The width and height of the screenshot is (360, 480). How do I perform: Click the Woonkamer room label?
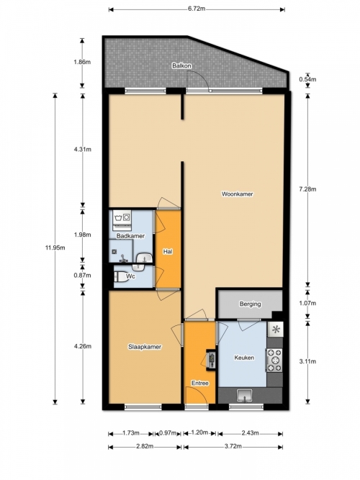tap(238, 194)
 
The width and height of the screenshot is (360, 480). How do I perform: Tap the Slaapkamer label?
tap(145, 347)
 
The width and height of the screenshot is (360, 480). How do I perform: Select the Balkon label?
tap(181, 65)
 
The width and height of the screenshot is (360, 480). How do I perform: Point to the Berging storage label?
tap(251, 304)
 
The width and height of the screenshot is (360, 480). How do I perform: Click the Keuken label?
tap(244, 358)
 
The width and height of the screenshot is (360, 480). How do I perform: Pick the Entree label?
tap(200, 384)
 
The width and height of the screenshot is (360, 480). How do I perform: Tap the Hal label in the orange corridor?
tap(168, 252)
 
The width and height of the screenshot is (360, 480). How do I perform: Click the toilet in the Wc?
tap(122, 277)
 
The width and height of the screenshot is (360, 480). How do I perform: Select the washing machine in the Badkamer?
tap(122, 217)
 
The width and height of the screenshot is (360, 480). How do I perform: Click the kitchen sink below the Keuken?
tap(245, 395)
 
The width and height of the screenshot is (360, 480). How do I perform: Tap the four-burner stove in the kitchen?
tap(274, 360)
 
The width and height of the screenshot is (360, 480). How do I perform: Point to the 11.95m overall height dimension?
tap(55, 248)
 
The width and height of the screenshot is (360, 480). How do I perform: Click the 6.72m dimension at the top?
tap(197, 9)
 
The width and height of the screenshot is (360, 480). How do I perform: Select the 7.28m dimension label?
tap(307, 189)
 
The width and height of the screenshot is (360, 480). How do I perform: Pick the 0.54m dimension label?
tap(307, 80)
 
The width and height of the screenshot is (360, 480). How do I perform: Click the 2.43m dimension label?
tap(250, 433)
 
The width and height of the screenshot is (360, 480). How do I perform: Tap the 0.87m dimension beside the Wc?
tap(82, 276)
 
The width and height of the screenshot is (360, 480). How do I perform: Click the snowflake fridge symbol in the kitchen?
tap(276, 330)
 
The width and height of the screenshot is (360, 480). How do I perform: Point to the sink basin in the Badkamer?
tap(144, 258)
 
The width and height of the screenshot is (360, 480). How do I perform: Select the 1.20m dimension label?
tap(199, 433)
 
